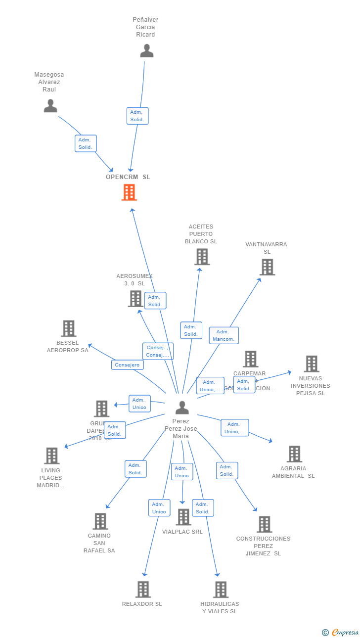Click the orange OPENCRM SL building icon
(129, 192)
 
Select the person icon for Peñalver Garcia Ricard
(146, 51)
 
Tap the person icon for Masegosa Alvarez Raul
(50, 106)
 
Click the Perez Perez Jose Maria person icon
(182, 408)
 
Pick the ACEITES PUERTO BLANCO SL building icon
(202, 257)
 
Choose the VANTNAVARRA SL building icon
(267, 267)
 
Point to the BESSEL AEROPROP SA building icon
(68, 328)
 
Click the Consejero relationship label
(128, 365)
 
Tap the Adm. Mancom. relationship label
(224, 335)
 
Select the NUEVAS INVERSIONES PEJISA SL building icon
(311, 364)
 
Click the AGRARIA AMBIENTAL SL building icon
(294, 454)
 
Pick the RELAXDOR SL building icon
(143, 590)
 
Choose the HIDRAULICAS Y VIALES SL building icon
(221, 590)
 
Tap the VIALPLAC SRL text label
(182, 532)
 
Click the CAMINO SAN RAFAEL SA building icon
(100, 521)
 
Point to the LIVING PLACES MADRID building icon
(51, 456)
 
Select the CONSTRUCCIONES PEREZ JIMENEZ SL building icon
(265, 524)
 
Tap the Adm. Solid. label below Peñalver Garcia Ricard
(137, 116)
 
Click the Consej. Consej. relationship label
(158, 351)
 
